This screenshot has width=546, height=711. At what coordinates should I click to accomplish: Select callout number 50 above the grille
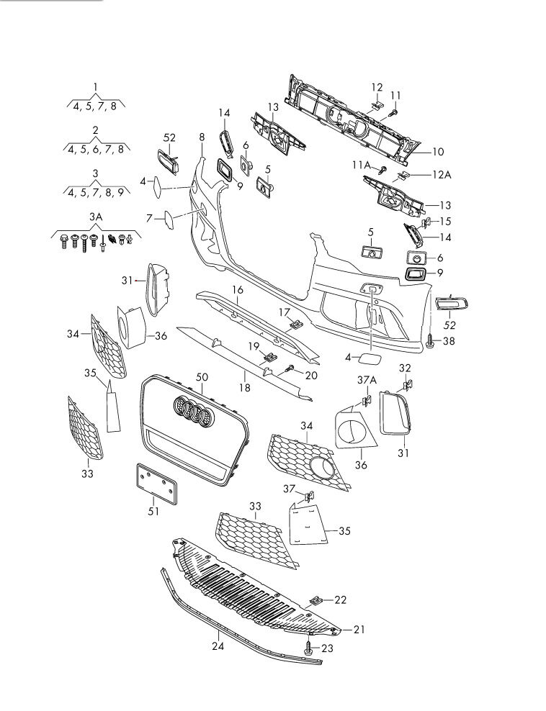click(x=202, y=378)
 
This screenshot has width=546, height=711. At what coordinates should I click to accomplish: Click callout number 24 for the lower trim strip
click(x=218, y=646)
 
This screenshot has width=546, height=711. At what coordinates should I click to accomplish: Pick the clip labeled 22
click(x=316, y=599)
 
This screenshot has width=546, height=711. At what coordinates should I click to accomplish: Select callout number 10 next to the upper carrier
click(x=438, y=152)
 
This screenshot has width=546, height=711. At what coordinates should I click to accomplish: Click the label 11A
click(x=361, y=165)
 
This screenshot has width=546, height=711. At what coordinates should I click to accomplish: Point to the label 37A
click(x=367, y=379)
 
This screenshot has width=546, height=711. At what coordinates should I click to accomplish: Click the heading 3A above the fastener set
click(x=96, y=216)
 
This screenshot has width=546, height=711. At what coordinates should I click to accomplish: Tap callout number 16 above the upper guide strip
click(x=237, y=289)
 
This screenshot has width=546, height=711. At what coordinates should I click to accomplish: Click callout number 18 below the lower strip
click(x=245, y=388)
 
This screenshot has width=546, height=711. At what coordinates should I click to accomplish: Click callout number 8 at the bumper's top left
click(x=202, y=137)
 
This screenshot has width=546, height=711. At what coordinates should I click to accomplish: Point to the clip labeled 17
click(x=295, y=325)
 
